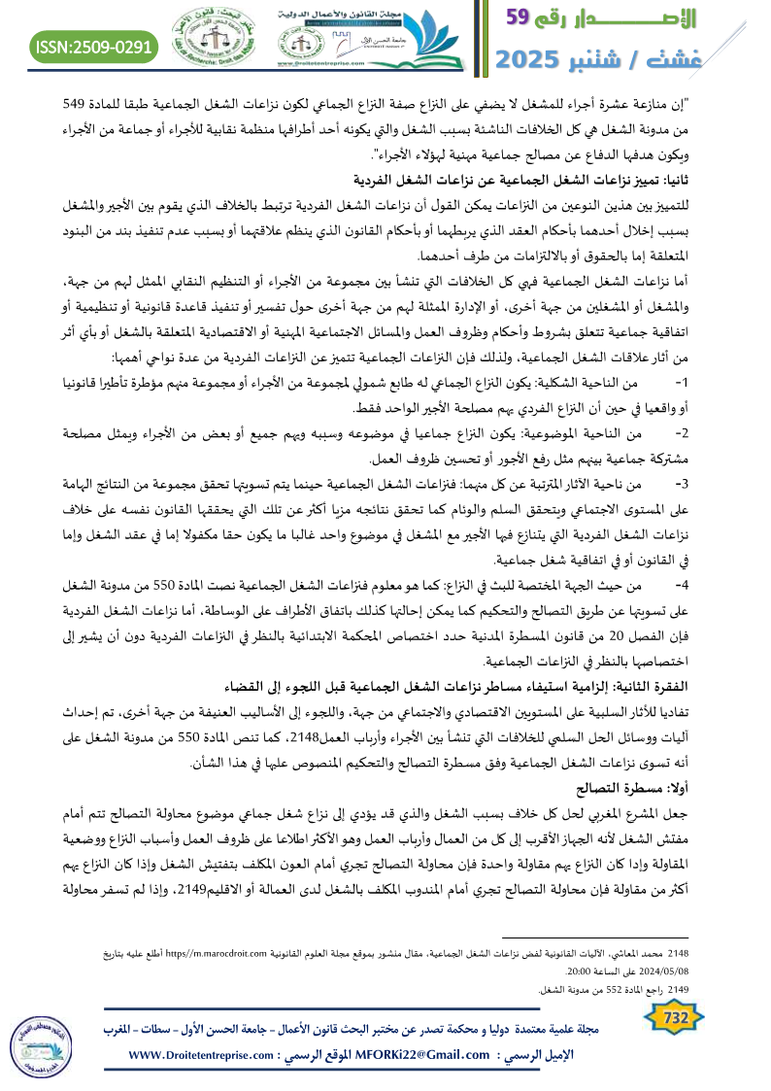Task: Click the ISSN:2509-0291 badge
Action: [x=94, y=46]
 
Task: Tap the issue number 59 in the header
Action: [x=529, y=18]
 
